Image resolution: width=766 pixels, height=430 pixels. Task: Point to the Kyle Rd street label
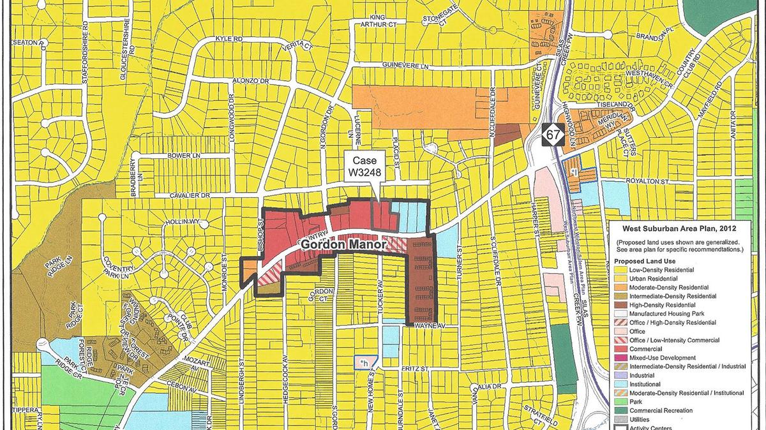click(221, 39)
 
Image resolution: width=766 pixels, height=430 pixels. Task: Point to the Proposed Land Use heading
click(644, 261)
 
